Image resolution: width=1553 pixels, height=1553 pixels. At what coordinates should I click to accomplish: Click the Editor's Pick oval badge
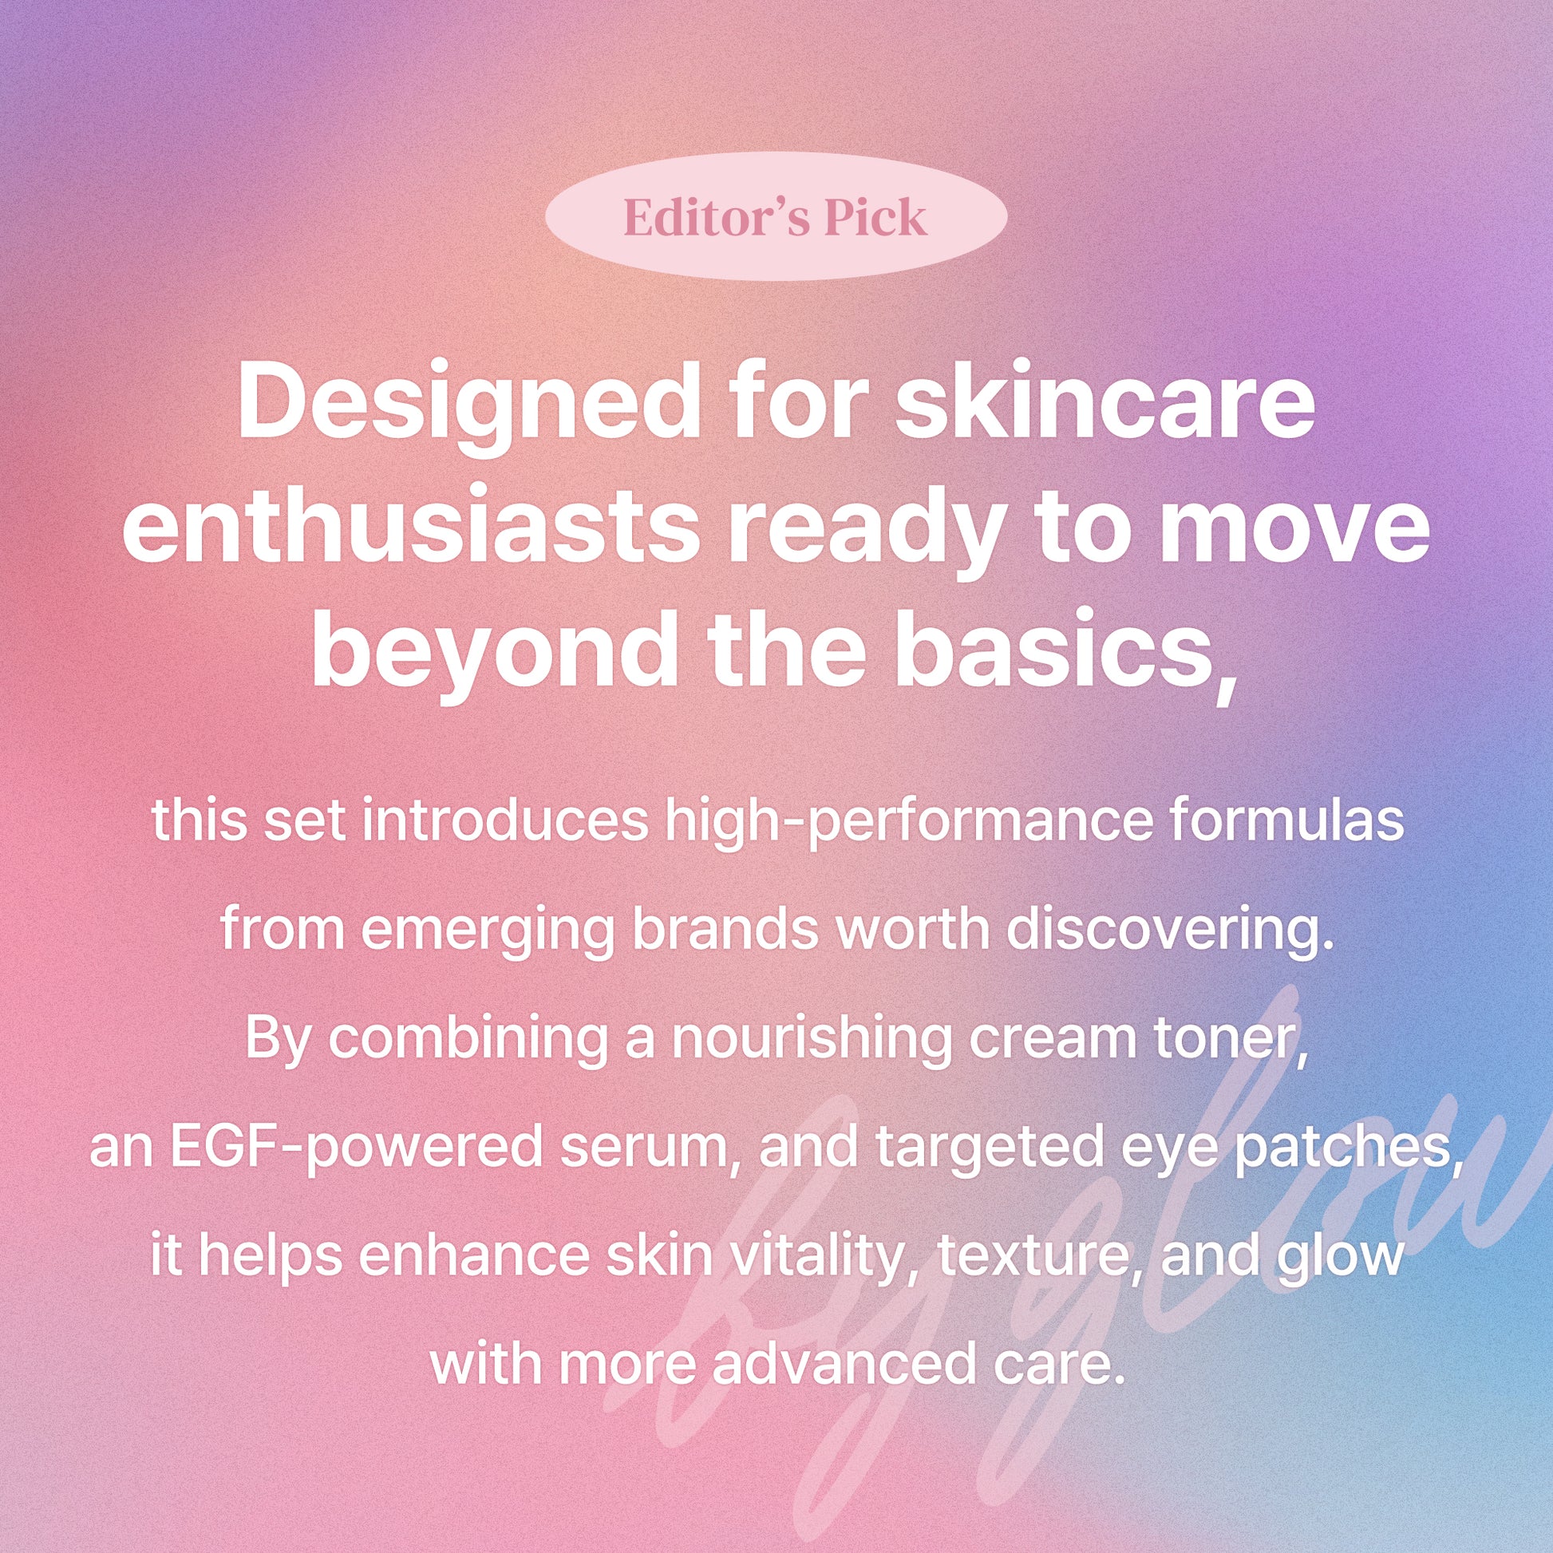[x=776, y=215]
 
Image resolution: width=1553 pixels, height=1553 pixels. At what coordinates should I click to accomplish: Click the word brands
[x=728, y=930]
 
